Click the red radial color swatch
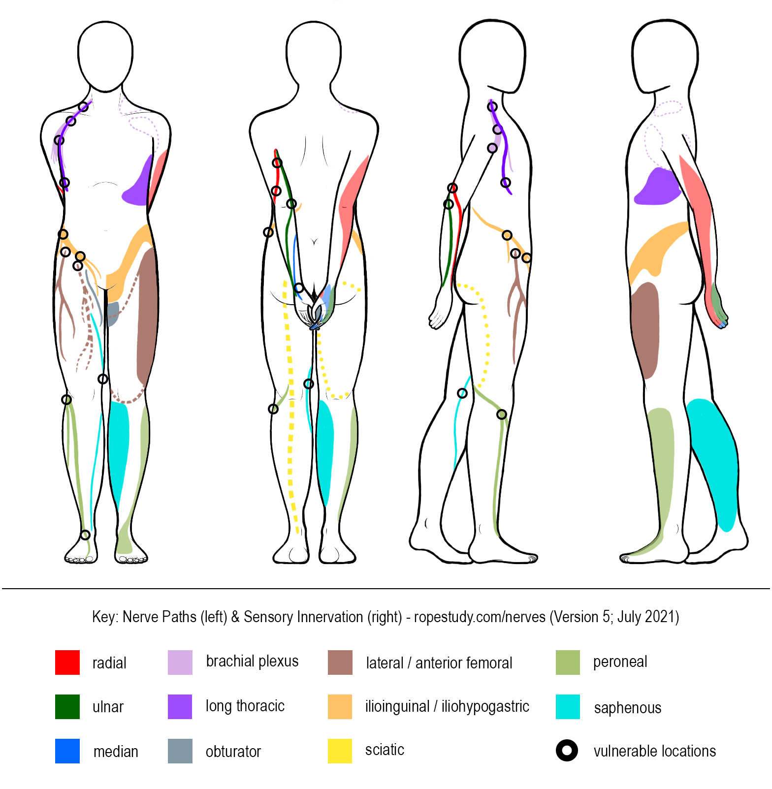67,662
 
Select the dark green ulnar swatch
67,706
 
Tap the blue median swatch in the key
67,751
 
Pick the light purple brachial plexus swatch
180,662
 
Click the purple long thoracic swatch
180,706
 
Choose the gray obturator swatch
180,751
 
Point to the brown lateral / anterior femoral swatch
340,662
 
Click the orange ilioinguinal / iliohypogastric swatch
340,706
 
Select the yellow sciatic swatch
340,751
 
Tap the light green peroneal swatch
568,662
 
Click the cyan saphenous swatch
568,706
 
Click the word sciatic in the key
385,750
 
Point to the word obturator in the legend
233,752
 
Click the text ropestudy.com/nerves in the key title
480,617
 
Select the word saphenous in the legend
627,708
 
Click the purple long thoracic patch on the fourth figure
656,188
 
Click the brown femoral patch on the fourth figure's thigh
645,330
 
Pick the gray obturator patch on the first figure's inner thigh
113,314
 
